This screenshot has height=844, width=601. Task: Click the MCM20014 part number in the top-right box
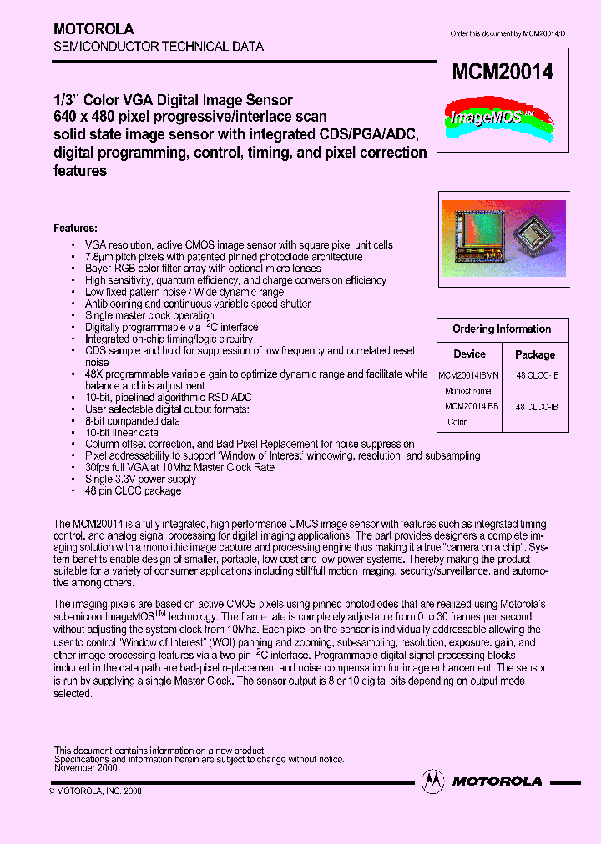tap(502, 73)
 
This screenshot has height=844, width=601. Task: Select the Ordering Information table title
tap(502, 329)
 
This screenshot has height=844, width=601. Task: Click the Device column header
tap(469, 354)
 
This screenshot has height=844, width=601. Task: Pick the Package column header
tap(535, 354)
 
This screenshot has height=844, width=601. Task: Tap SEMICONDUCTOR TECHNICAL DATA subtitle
tap(159, 47)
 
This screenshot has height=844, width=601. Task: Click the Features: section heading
tap(76, 228)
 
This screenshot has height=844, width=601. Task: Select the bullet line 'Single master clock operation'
tap(149, 316)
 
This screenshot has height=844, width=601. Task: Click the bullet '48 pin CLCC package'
tap(133, 491)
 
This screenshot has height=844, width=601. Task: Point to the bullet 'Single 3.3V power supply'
tap(140, 480)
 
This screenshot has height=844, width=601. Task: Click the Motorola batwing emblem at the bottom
tap(432, 781)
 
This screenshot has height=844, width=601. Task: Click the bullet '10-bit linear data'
tap(122, 433)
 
